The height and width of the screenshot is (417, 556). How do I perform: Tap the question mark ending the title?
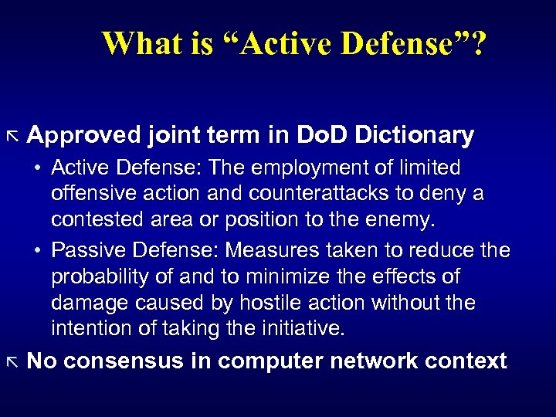(478, 44)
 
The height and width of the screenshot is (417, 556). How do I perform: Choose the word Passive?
(87, 251)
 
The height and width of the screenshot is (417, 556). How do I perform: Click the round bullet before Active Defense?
(36, 168)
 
